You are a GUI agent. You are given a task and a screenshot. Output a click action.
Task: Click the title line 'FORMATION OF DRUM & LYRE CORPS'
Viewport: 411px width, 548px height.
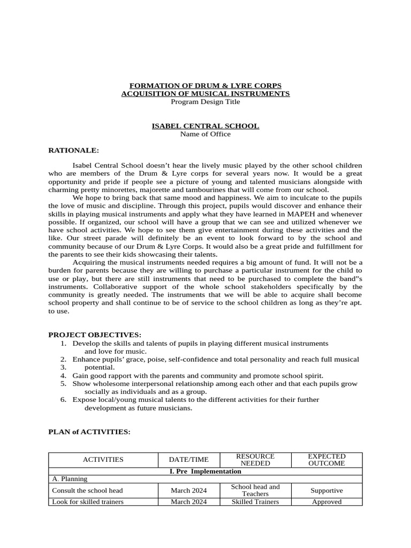click(x=205, y=86)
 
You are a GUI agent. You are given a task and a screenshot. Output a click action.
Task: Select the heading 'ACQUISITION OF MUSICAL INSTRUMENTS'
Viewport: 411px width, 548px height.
click(x=205, y=94)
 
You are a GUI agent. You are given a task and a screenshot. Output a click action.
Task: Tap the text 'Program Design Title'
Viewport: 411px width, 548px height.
click(x=205, y=102)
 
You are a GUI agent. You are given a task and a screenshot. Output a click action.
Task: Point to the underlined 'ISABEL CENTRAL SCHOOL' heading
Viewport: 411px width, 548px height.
click(x=205, y=126)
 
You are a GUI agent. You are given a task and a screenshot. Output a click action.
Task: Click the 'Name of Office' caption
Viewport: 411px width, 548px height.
click(x=205, y=134)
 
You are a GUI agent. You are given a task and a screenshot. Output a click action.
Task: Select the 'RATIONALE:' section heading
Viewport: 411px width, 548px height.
click(x=74, y=150)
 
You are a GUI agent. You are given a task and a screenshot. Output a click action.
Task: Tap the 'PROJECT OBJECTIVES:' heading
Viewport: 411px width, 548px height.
click(x=95, y=334)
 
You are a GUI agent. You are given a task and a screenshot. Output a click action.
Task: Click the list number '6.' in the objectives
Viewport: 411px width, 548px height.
click(x=63, y=400)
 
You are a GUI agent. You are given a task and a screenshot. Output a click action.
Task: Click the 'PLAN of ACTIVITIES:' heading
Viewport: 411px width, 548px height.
click(x=89, y=432)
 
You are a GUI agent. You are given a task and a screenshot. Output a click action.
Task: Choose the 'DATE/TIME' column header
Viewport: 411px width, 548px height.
click(x=188, y=460)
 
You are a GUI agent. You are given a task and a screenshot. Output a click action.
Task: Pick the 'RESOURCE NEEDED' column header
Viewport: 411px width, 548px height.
click(x=255, y=460)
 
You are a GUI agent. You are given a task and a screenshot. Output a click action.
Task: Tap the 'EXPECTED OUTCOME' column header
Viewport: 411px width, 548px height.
click(x=326, y=460)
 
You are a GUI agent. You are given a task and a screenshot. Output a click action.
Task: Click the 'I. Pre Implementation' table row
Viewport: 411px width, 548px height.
click(x=205, y=471)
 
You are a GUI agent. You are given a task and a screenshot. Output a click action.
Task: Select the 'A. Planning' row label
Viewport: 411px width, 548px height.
click(x=70, y=479)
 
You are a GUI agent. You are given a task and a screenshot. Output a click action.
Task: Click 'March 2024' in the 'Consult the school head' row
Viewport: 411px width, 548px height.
click(x=188, y=490)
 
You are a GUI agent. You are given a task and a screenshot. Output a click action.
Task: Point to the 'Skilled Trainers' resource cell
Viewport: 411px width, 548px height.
click(x=255, y=502)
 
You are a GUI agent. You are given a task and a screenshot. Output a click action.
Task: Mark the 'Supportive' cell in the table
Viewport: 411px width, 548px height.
click(x=326, y=490)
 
